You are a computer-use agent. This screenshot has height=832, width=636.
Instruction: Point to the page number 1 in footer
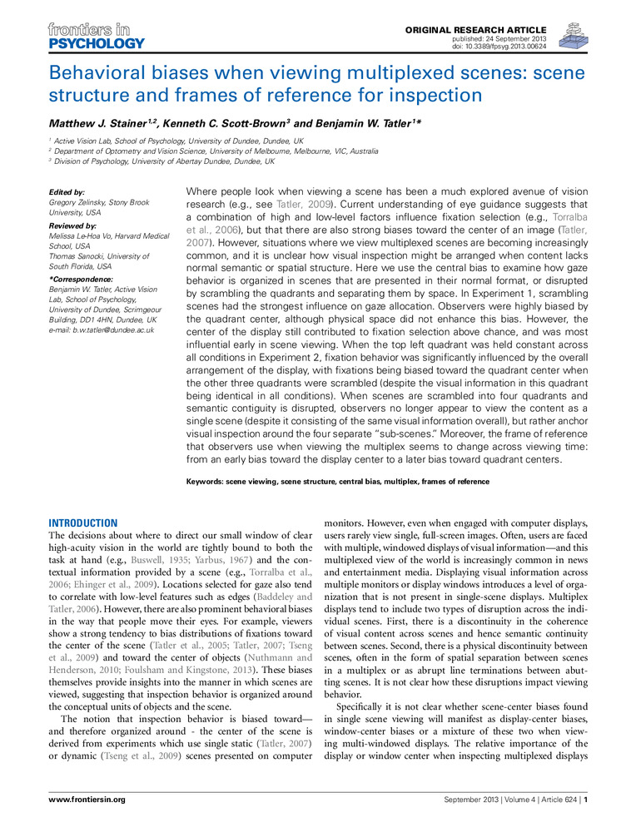[587, 800]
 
